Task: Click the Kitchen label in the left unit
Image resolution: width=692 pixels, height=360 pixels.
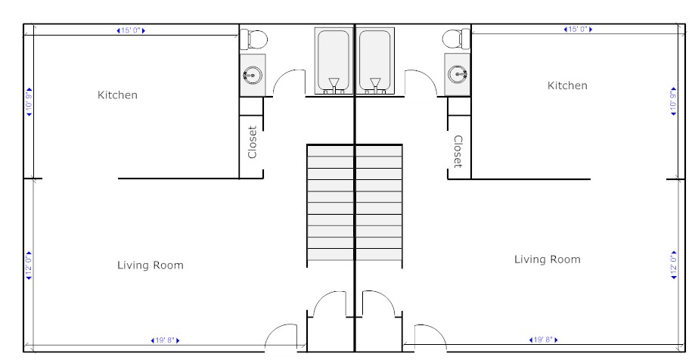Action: [117, 95]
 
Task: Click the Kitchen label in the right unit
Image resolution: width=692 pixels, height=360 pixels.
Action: [567, 85]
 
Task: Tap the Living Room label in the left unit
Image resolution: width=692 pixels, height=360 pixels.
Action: [150, 265]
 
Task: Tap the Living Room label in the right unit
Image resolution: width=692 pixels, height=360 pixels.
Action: [548, 259]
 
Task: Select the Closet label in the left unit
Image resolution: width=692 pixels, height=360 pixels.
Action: [252, 142]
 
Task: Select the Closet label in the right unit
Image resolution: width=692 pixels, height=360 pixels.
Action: [458, 151]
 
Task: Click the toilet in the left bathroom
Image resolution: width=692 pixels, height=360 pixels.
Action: [254, 39]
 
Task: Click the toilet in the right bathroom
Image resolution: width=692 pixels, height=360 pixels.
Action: [456, 39]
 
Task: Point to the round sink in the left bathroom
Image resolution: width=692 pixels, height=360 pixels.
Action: [253, 75]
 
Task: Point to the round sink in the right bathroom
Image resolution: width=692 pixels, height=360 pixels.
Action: [458, 73]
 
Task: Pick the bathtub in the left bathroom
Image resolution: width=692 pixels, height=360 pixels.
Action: [334, 61]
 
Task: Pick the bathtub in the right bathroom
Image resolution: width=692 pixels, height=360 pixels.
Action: [375, 61]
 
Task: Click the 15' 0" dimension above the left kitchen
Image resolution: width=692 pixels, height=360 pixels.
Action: [131, 30]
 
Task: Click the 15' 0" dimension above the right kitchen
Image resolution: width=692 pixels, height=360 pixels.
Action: [578, 29]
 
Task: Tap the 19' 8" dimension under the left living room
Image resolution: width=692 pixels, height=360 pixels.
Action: [165, 340]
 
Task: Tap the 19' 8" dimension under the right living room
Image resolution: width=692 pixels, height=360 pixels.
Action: [543, 340]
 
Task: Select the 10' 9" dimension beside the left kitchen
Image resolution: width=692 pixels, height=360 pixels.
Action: [29, 101]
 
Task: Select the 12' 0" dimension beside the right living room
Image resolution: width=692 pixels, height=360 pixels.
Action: [673, 265]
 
